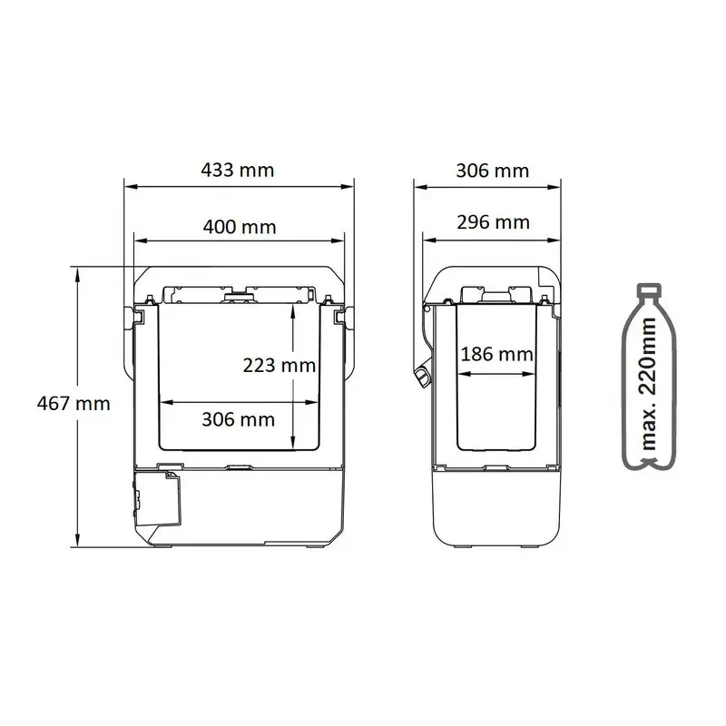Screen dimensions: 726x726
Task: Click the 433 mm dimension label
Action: (238, 171)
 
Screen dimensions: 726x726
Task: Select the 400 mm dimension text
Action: (240, 227)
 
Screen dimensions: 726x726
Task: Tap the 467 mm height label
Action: (74, 404)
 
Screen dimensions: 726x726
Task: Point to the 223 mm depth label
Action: (280, 366)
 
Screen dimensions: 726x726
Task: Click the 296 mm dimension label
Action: (493, 222)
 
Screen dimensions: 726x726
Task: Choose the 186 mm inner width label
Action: (496, 355)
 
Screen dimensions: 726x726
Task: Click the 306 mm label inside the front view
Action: (239, 419)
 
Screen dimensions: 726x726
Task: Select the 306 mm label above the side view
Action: (493, 171)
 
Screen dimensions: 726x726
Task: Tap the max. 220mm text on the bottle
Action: (649, 384)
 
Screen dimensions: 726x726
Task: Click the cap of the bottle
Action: (649, 290)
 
